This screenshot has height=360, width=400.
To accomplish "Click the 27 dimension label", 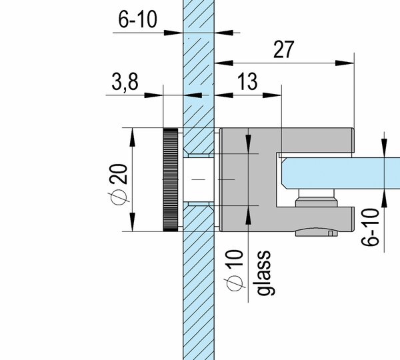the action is (284, 49).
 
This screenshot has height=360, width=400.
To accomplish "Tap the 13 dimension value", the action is (247, 81).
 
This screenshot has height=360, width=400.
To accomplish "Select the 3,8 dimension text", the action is (125, 81).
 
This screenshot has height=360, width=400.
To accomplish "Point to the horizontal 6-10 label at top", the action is (137, 19).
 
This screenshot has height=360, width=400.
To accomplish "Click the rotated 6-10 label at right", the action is (370, 227).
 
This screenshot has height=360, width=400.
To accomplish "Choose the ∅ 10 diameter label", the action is (235, 270).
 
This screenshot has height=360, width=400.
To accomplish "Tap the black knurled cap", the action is (171, 179).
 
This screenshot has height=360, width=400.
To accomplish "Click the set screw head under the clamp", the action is (317, 231).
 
